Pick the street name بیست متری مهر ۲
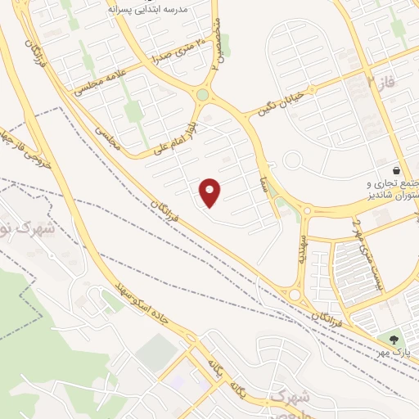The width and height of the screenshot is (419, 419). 358,244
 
